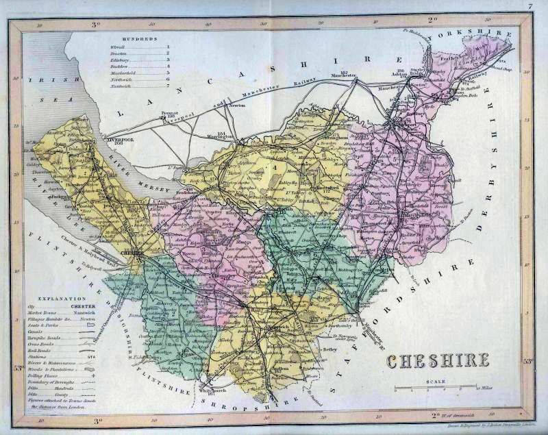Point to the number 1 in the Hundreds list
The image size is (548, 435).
coord(167,47)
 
